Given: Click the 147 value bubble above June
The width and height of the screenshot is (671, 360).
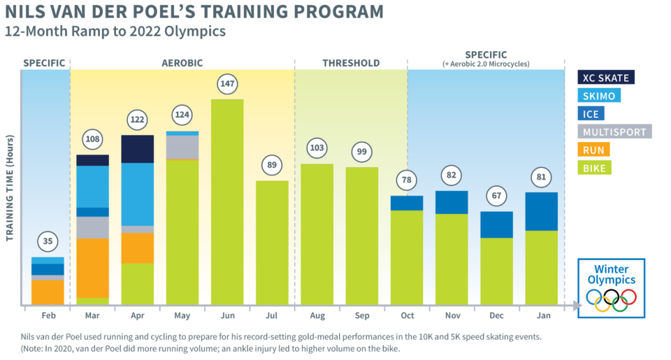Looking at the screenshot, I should pos(227,84).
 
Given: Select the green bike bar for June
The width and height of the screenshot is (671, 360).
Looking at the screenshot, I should pos(227,203).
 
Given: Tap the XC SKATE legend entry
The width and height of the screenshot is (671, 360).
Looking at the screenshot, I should pos(605,78).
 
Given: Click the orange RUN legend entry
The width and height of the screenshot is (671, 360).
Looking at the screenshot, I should pos(593,149).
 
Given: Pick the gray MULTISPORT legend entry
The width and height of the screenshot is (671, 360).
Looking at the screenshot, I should pos(614,131).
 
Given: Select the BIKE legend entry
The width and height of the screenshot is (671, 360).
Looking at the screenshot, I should pos(594,167).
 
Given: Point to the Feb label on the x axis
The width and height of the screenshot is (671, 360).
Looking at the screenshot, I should pos(48,316).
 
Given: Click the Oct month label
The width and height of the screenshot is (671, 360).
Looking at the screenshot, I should pos(407,316).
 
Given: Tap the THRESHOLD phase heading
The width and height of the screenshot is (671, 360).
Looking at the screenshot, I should pos(351,63).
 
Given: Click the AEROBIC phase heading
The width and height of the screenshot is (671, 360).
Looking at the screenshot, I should pos(182,63).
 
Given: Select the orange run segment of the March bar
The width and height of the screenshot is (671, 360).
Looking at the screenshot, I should pos(92,268).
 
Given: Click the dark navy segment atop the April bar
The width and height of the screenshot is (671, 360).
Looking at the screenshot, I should pos(138,149).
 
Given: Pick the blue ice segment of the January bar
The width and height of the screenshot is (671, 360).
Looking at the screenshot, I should pos(541,211).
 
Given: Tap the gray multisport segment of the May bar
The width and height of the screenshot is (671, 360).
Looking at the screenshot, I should pos(182,147).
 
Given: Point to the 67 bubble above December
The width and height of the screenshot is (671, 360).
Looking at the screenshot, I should pos(496,196).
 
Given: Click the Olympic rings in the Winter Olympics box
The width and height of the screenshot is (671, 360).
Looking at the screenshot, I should pos(611,299).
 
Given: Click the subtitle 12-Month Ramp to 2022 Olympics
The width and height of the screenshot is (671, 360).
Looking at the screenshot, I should pos(115,31).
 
